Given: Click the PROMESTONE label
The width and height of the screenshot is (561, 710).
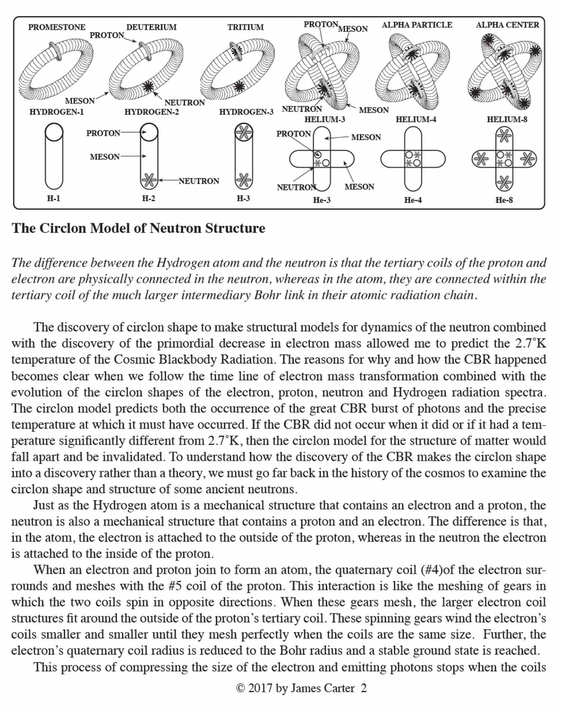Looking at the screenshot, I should [x=57, y=27].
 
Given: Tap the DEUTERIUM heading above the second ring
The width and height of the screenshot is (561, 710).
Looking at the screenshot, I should [x=151, y=27].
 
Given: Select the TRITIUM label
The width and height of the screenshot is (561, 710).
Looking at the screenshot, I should [x=245, y=27].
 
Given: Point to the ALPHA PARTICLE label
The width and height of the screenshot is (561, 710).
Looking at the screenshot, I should [x=417, y=25].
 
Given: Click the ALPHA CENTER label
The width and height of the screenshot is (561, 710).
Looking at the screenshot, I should [x=508, y=25].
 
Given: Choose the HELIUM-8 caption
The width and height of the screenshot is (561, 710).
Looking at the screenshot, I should [x=507, y=119].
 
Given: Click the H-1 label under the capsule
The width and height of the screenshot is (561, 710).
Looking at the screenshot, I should [x=53, y=198].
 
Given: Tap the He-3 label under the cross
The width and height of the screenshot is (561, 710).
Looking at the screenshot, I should [x=322, y=200].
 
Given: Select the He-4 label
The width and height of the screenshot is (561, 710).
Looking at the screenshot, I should [x=413, y=200].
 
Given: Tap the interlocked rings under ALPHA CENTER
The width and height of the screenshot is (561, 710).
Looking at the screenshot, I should [x=505, y=71].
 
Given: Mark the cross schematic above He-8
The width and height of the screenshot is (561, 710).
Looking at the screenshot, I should [x=504, y=159].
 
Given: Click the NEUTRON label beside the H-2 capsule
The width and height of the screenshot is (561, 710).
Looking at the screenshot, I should [x=199, y=181].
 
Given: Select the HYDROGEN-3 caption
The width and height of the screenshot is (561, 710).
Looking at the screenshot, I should [x=246, y=112].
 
